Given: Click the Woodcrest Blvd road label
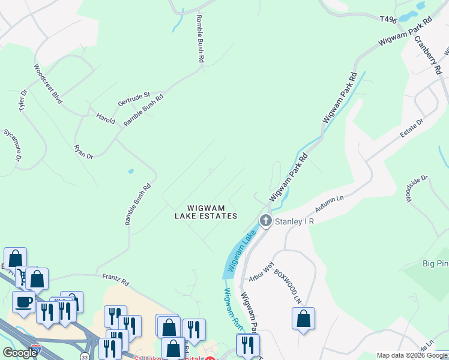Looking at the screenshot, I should pos(48,84).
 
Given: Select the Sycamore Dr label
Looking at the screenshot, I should pos(13,145).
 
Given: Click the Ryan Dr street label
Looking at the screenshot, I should pos(83,152).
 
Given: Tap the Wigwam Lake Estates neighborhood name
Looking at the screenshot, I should pos(206,211).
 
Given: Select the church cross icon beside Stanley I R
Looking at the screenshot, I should pos(265,221).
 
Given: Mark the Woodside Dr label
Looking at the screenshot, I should pos(417,189).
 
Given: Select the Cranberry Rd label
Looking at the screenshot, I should pos(427,53).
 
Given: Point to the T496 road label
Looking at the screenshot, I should pos(388,19).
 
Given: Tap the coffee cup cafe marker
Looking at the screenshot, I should pos(24,301).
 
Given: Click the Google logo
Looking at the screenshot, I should pos(20,353).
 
